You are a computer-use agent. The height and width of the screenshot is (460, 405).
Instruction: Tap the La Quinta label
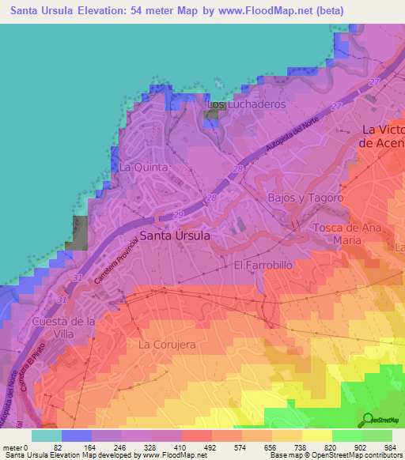pos(143,168)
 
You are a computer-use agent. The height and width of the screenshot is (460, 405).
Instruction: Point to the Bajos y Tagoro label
pos(305,198)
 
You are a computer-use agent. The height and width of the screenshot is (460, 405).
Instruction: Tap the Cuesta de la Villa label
pos(64,327)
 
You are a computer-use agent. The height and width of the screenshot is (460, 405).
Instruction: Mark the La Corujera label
pos(166,345)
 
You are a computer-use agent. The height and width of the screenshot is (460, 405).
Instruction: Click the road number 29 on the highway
pos(178,215)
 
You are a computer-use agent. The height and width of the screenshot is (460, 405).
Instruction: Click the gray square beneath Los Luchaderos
pos(211,115)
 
